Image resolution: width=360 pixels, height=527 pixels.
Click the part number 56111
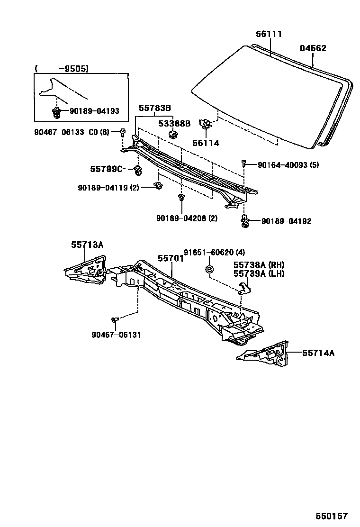point(269,34)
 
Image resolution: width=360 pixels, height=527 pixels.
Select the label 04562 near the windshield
point(313,48)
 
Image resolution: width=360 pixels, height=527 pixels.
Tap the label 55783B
point(155,108)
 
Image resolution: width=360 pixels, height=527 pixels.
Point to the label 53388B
point(174,124)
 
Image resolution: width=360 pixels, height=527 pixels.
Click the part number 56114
point(206,143)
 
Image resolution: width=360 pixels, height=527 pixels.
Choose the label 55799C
point(107,169)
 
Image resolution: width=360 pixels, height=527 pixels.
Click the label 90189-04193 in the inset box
point(94,111)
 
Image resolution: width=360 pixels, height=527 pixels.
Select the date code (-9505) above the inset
point(62,68)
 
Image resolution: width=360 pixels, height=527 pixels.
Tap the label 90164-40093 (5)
point(288,165)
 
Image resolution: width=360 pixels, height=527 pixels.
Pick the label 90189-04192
point(286,221)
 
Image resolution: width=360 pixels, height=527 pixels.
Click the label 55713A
point(87,245)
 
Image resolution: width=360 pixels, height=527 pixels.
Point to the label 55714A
point(318,353)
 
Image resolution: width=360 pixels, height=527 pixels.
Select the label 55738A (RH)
point(259,265)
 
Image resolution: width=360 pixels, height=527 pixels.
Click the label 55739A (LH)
point(259,273)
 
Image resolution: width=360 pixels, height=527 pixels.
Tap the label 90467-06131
point(117,335)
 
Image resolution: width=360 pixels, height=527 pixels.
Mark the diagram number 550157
point(333,516)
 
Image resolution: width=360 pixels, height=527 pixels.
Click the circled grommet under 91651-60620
point(210,270)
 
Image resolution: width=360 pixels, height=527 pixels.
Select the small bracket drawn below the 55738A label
point(244,287)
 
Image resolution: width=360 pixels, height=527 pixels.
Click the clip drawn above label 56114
point(206,125)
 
